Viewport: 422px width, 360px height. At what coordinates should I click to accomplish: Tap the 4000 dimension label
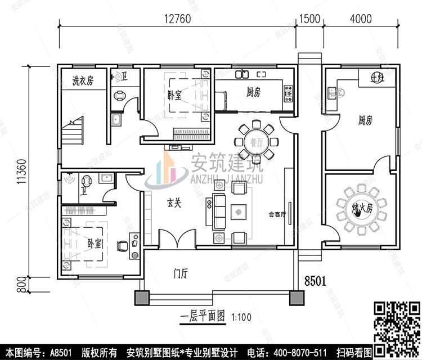(360, 18)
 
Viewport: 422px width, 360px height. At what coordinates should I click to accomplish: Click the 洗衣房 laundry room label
(82, 81)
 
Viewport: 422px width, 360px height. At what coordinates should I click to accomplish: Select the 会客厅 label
(277, 214)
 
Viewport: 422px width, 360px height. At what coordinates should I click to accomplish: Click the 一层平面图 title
(203, 316)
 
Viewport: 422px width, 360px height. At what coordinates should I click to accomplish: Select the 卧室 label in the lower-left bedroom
(95, 244)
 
